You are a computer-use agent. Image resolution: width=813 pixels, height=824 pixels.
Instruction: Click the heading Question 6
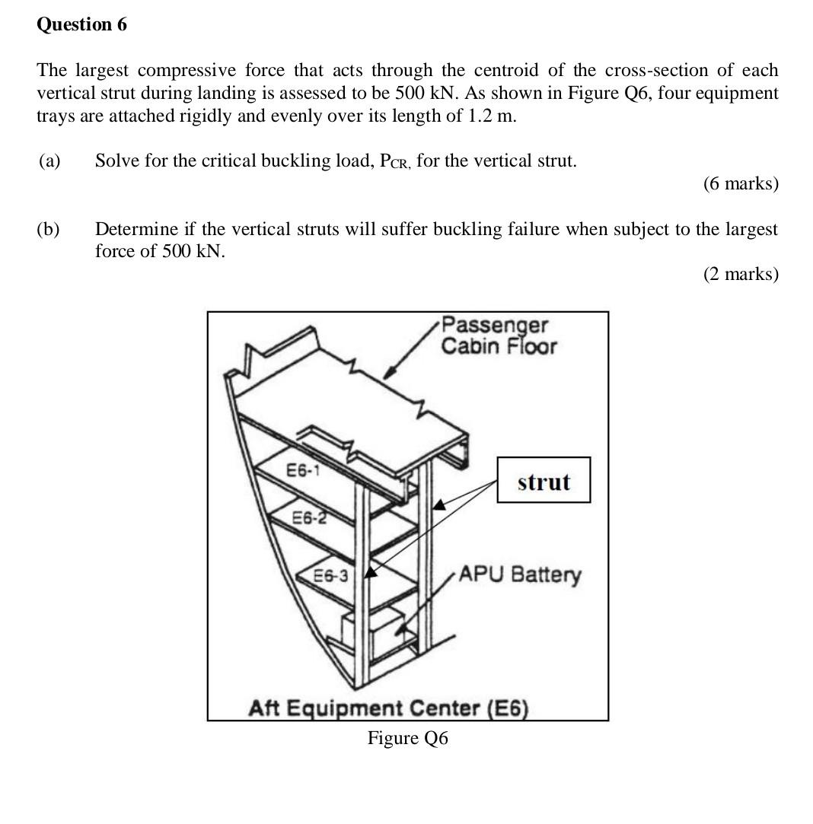pos(81,24)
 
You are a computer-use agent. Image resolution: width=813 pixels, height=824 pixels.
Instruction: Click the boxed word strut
pos(543,482)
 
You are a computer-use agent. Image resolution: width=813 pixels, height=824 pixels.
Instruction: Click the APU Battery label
pos(519,574)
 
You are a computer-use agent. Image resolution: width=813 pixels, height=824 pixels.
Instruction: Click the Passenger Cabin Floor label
pos(499,336)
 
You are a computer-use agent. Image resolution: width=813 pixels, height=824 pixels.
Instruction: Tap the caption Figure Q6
pos(407,738)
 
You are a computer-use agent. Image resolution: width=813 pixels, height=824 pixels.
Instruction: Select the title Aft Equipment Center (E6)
pos(388,708)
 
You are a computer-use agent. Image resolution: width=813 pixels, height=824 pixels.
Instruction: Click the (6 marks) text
pos(740,183)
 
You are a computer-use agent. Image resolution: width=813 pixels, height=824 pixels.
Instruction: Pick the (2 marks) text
pos(740,274)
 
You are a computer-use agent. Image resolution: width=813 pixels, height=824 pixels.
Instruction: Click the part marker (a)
pos(49,161)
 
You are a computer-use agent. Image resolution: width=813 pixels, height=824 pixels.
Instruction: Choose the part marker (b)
pos(49,229)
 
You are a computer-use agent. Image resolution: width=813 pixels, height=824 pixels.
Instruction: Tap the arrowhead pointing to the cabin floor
pos(389,372)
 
